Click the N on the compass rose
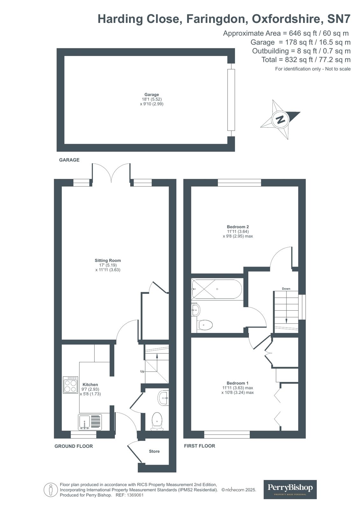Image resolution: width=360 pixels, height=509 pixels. pos(280,120)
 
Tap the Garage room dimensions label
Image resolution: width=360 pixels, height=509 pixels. pos(152,99)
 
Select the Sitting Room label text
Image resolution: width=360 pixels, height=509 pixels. pos(108,260)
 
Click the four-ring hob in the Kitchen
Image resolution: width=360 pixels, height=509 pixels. pos(71,385)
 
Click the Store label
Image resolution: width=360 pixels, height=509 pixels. pos(154,451)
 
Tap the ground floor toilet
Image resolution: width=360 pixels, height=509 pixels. pos(157,420)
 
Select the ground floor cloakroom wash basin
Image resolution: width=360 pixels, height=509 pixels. pos(164,398)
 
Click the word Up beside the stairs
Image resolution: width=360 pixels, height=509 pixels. pos(142,371)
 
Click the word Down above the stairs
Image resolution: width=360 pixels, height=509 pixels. pos(286,289)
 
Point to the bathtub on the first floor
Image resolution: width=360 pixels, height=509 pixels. pos(217,289)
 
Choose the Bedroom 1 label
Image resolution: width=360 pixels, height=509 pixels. pos(237,383)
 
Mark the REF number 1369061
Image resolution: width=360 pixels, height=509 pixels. pos(135,495)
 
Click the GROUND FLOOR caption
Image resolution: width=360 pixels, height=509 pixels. pos(74,446)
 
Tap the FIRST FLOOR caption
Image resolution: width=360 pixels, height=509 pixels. pos(199,446)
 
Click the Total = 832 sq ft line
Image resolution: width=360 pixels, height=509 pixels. pos(306,60)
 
